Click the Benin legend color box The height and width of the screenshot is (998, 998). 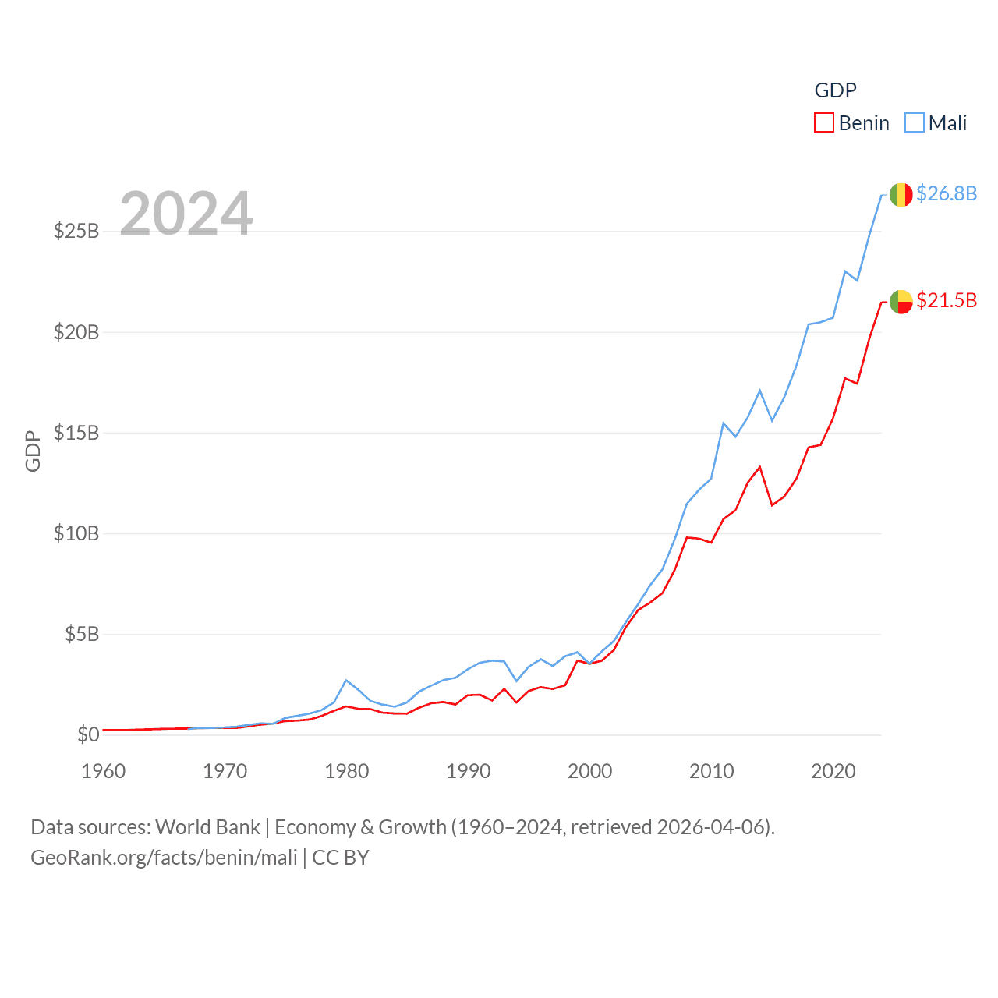824,123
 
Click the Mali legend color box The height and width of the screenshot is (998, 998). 915,123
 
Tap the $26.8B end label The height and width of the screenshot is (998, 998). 947,193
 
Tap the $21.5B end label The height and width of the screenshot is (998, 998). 947,300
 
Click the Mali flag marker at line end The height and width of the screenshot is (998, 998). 901,195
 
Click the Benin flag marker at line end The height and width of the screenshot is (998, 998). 901,302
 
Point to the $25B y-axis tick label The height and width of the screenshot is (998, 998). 76,231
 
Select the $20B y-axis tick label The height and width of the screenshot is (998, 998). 76,332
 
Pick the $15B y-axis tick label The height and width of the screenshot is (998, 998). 76,433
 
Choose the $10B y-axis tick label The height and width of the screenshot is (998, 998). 76,533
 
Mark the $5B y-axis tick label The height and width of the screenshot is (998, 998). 82,634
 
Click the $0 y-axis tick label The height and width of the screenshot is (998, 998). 88,734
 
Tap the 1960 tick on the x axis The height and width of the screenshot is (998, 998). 104,771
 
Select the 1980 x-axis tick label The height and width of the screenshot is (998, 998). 347,771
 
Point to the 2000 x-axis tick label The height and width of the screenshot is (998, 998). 590,771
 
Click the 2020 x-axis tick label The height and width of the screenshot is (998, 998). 833,771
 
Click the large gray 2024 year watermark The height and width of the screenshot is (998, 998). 186,214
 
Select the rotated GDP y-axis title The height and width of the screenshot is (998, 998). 33,451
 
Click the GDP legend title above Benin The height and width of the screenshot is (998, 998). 835,90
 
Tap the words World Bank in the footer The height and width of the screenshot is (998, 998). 207,827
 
